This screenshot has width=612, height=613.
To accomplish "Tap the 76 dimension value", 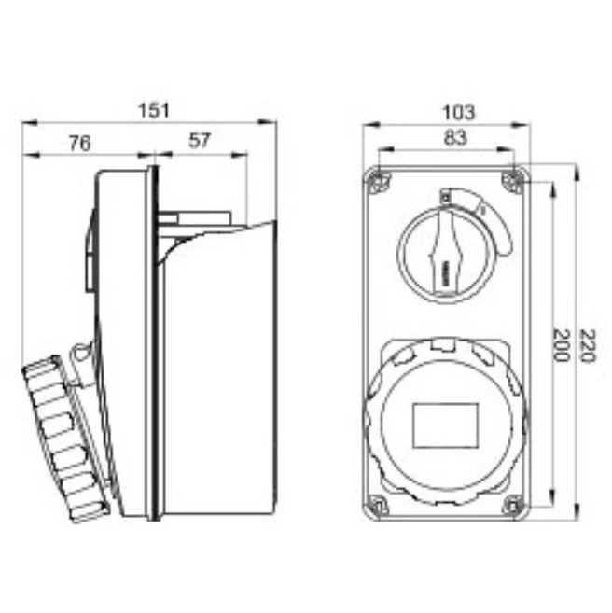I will pos(80,143).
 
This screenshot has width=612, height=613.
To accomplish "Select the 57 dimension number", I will pos(200,141).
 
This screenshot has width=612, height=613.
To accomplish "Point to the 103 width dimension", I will pos(457,112).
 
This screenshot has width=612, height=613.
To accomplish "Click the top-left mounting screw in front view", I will pos(376,180).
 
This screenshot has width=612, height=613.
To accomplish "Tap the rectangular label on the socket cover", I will pos(445,425).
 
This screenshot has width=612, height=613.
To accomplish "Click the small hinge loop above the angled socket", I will pos(81,353).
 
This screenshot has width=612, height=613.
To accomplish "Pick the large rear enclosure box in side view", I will pos(219,373).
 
